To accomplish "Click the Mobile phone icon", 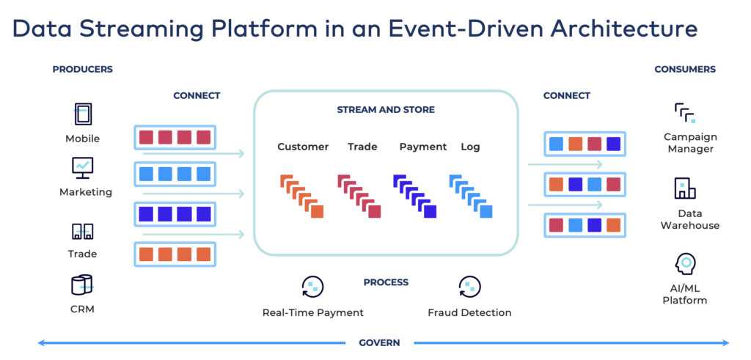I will click(82, 114).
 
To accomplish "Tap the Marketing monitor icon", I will click(82, 168).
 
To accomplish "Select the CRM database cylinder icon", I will click(82, 284).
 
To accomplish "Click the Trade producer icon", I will click(82, 232).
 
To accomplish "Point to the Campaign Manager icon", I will click(684, 112).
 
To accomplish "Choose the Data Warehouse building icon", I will click(684, 188).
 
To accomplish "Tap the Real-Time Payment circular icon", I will click(312, 287).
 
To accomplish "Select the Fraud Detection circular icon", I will click(469, 287).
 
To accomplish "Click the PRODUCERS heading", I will click(82, 70).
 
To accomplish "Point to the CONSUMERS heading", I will click(684, 70).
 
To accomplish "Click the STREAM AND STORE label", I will click(386, 110).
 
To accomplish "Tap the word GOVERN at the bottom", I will click(379, 342).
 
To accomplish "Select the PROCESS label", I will click(386, 282).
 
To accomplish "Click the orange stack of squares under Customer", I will click(301, 196).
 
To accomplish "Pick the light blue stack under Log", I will click(470, 196).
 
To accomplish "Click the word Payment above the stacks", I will click(422, 147).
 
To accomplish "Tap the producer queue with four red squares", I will click(175, 137).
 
